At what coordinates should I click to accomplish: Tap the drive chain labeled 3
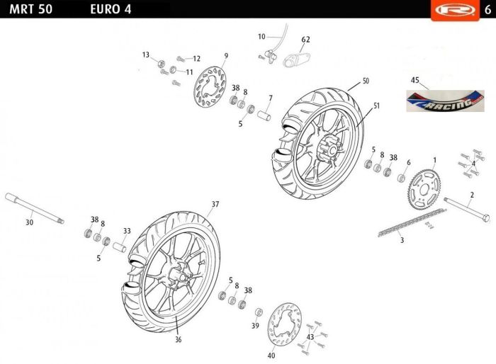412,222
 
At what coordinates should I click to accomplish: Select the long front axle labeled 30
35,208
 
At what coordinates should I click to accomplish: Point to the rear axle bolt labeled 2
466,210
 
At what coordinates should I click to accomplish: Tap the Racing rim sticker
445,101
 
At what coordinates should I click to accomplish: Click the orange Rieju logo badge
455,11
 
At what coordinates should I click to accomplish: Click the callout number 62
305,40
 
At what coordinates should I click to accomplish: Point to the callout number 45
415,80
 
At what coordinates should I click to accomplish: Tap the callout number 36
179,340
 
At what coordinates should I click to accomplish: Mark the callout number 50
366,81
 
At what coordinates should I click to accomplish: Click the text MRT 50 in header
31,9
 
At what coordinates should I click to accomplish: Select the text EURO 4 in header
111,9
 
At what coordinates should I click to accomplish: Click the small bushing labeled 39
259,312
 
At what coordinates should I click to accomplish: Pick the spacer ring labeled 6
402,178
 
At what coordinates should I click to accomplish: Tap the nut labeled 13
161,64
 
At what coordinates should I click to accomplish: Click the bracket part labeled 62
296,60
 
